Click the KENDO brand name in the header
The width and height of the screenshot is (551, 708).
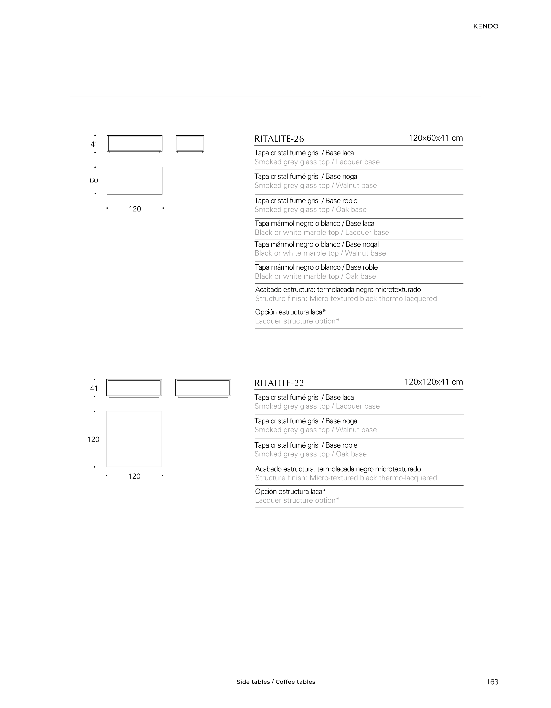[485, 26]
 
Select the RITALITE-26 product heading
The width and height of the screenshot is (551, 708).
[279, 139]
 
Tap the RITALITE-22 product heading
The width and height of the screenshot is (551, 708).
[279, 383]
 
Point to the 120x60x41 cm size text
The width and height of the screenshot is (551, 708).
[435, 138]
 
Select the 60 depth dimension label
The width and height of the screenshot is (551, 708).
[94, 181]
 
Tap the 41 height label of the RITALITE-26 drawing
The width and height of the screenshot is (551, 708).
[94, 144]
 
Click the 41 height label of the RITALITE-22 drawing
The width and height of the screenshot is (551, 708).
[94, 388]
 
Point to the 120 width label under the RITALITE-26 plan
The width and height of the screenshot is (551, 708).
[135, 209]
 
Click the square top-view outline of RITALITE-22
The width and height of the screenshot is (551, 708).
[134, 439]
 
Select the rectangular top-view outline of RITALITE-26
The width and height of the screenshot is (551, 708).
[134, 181]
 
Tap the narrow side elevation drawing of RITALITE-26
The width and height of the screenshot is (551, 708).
[190, 144]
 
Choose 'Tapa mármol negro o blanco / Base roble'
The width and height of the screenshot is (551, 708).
[316, 267]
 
